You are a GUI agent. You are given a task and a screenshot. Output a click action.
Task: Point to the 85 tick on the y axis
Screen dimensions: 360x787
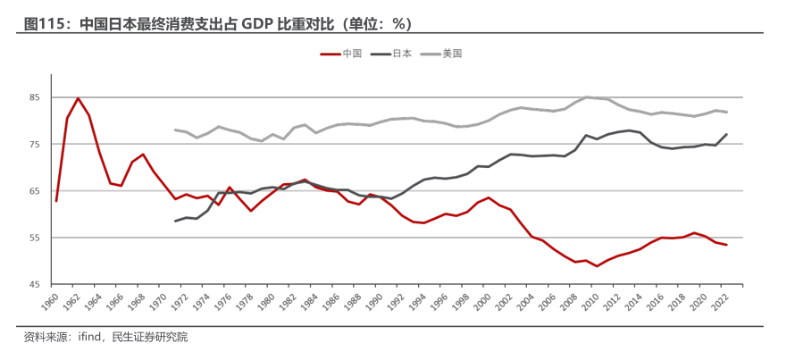tap(35, 97)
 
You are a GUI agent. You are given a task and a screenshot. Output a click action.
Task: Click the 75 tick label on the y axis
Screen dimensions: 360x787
tap(35, 145)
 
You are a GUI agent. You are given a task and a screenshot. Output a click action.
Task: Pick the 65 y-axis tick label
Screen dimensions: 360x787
tap(35, 191)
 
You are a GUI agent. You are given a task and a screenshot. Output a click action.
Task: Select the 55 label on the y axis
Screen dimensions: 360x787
tap(35, 238)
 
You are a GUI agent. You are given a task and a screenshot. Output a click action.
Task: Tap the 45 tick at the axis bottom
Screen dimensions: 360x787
tap(35, 284)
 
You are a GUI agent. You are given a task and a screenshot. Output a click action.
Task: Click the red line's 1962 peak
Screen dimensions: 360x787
tap(78, 98)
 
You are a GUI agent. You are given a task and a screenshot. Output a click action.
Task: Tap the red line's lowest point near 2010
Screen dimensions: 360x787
tap(598, 266)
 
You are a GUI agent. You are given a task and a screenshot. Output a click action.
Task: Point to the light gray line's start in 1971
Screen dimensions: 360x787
tap(175, 130)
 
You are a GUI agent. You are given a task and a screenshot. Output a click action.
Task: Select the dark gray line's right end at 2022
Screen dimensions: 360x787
tap(727, 134)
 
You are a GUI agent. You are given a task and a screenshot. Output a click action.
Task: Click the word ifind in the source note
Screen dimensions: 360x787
tap(92, 338)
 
